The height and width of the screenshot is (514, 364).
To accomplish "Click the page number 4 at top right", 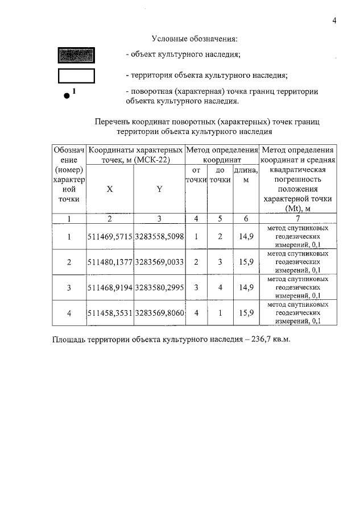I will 334,21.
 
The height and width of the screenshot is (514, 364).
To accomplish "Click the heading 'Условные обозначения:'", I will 194,39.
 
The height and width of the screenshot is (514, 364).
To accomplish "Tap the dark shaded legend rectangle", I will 76,56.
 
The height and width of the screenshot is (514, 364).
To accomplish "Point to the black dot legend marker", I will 67,97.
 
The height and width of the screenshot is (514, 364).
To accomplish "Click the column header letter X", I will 110,189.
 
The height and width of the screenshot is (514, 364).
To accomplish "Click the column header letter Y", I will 159,189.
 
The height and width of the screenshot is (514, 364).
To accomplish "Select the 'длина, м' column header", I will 246,174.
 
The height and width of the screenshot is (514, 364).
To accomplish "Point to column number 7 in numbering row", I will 297,219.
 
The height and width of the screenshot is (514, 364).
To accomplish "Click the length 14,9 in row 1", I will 246,236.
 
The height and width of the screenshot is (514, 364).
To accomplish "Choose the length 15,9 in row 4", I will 246,313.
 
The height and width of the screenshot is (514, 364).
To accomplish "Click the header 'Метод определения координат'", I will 219,155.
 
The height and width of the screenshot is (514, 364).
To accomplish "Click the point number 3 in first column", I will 69,288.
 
